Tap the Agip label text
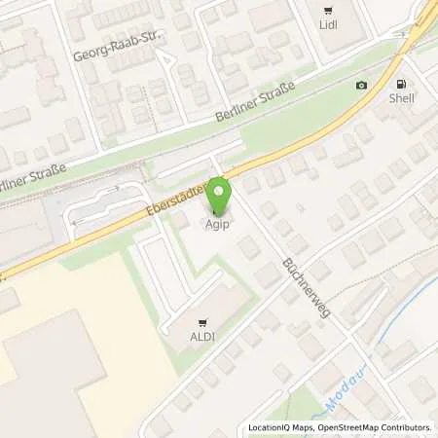click(219, 223)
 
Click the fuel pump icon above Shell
click(399, 82)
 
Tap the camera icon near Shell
click(362, 86)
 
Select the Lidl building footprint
click(336, 34)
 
